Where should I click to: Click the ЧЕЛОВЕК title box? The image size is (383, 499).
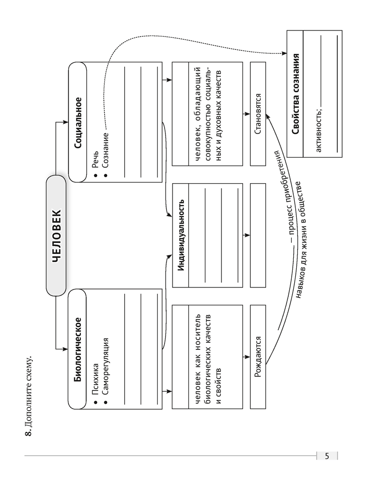point(56,235)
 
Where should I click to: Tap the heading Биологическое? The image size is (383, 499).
point(78,349)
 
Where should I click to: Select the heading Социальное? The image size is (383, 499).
point(78,123)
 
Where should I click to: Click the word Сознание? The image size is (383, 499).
point(106,150)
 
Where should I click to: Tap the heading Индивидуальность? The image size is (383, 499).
point(181,235)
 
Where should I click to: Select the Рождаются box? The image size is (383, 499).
point(258,357)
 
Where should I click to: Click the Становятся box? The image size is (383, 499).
point(258,114)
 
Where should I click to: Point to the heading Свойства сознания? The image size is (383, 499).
point(296,94)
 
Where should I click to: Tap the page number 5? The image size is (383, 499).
point(327,456)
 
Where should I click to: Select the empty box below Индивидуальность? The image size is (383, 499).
point(258,235)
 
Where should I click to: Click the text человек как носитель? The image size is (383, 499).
point(197,359)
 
